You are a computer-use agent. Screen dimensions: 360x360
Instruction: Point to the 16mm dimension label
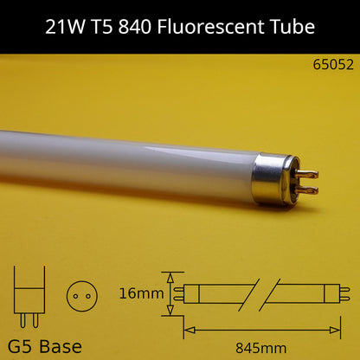[142, 294]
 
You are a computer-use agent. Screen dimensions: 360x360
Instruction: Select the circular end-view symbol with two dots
[80, 293]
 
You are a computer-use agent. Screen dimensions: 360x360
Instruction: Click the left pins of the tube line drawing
[178, 294]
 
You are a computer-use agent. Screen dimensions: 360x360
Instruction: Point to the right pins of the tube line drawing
[344, 294]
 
